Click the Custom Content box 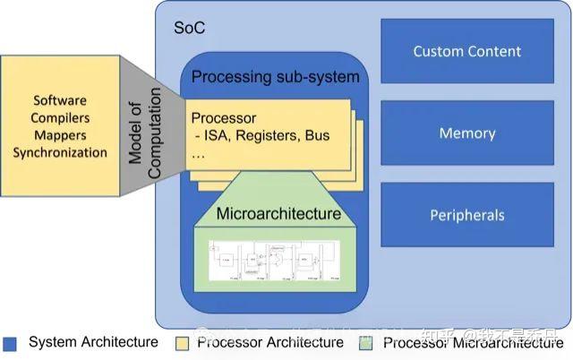[x=467, y=52]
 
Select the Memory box [x=467, y=133]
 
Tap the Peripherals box [x=467, y=215]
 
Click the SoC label [x=189, y=28]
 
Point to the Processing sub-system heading [x=275, y=77]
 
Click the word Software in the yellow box [x=60, y=100]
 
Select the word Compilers [x=60, y=117]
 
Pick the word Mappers [x=60, y=134]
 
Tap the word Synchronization [x=60, y=151]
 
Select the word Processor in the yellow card [x=224, y=118]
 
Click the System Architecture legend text [x=93, y=342]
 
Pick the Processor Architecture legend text [x=269, y=342]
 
